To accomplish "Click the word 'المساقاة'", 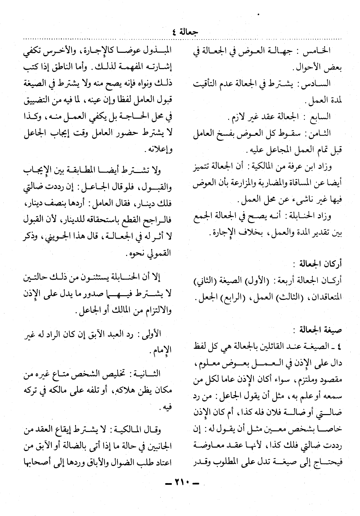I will (x=302, y=183).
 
